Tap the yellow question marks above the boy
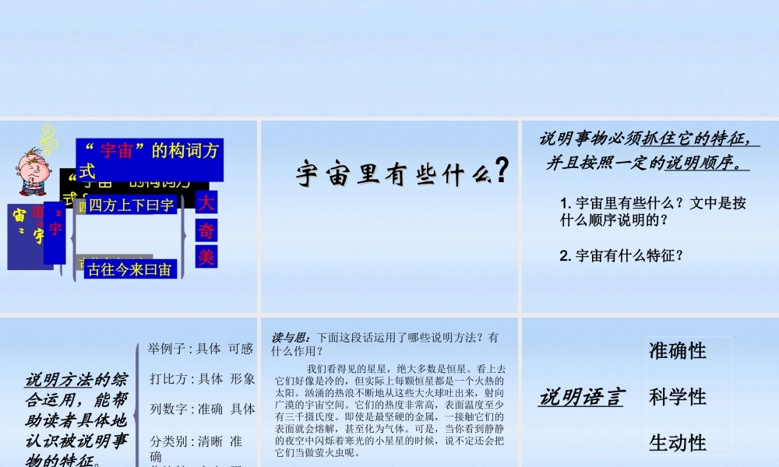pyautogui.click(x=48, y=137)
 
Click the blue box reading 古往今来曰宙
pyautogui.click(x=130, y=270)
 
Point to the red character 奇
pyautogui.click(x=206, y=230)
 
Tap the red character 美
pyautogui.click(x=206, y=257)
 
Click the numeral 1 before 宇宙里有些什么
pyautogui.click(x=565, y=204)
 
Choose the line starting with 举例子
pyautogui.click(x=201, y=349)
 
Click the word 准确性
pyautogui.click(x=678, y=351)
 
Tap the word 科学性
pyautogui.click(x=678, y=397)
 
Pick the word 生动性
pyautogui.click(x=678, y=443)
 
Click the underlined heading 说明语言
pyautogui.click(x=581, y=398)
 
